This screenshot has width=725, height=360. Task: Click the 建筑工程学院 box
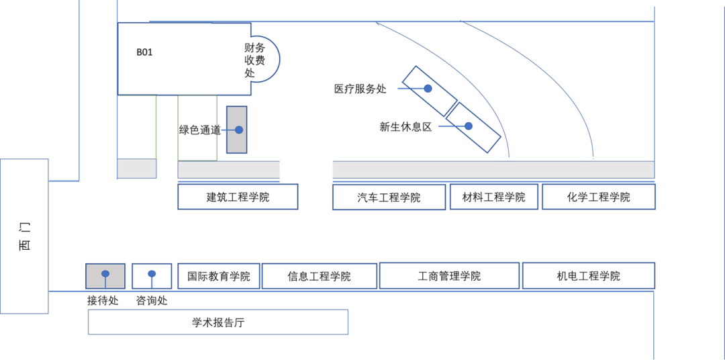point(238,197)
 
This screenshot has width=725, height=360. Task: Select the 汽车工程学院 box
point(389,197)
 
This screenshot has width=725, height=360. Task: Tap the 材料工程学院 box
point(493,197)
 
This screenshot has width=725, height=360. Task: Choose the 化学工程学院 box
point(598,197)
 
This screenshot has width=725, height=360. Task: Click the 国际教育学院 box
point(218,276)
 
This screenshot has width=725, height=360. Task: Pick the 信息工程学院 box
point(319,276)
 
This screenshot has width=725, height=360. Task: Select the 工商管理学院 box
point(449,276)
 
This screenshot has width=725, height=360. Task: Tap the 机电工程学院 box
point(588,276)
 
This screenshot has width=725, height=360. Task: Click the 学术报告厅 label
point(218,322)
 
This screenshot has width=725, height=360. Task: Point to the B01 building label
point(144,52)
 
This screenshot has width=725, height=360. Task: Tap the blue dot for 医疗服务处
point(428,88)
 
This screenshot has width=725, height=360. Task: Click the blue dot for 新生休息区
point(469,126)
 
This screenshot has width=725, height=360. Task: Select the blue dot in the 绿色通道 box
point(238,130)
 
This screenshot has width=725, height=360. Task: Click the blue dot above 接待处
point(105,274)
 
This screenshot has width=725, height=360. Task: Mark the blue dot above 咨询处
point(152,274)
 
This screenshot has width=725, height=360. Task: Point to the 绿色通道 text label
point(199,130)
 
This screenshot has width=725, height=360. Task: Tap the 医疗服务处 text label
point(360,89)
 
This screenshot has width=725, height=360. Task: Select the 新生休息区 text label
point(405,126)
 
